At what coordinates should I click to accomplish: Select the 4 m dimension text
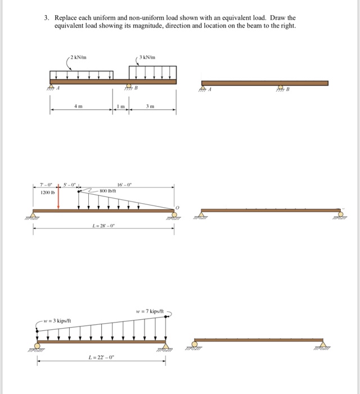(x=80, y=106)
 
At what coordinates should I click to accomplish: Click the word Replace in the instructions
(x=65, y=18)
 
